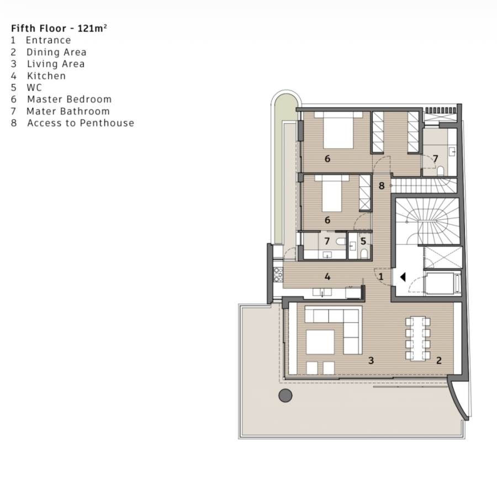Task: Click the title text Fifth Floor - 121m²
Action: (59, 28)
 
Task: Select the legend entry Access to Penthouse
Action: (81, 123)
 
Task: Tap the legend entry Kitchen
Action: (46, 76)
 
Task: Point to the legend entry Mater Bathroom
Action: (68, 111)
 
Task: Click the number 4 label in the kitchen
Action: (327, 277)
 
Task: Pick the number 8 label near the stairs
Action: (382, 186)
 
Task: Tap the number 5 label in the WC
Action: (363, 241)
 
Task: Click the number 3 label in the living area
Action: (371, 360)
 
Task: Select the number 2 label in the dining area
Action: (439, 360)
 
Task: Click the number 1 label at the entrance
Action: (381, 276)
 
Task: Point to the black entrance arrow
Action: (403, 277)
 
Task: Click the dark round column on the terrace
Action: (285, 396)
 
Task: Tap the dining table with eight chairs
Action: (418, 339)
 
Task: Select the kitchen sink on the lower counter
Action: (322, 292)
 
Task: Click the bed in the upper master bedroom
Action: (338, 130)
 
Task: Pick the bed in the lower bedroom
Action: (332, 193)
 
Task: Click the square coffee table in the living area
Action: (320, 342)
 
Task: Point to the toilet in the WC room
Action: (364, 253)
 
